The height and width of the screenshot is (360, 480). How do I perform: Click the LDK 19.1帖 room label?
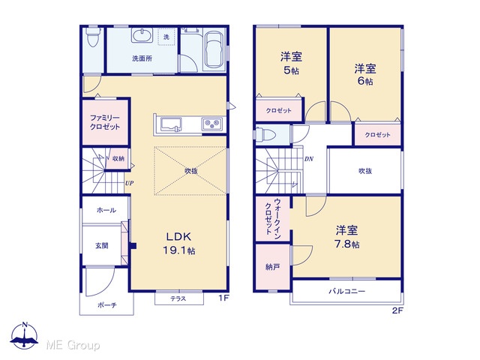pos(179,243)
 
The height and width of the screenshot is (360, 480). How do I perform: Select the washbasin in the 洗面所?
pos(142,35)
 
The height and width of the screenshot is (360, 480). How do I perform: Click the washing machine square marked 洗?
pos(166,37)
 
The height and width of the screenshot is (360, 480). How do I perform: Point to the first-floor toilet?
pos(93,37)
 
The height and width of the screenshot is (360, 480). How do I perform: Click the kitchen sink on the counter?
pos(171,124)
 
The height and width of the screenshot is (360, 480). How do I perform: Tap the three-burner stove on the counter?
pos(211,124)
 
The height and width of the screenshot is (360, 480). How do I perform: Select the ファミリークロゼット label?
pos(105,122)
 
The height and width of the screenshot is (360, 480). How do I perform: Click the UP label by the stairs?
pos(129,183)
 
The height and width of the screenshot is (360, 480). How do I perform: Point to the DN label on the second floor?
pos(308,159)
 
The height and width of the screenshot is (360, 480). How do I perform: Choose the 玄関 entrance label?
pos(102,245)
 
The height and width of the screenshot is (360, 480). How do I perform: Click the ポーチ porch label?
pos(106,305)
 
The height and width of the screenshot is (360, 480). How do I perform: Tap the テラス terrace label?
pos(178,298)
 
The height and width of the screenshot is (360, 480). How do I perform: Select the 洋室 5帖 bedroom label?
pos(291,63)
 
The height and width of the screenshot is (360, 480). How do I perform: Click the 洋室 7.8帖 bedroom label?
pos(346,237)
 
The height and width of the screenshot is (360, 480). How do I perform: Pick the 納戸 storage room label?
pos(272,267)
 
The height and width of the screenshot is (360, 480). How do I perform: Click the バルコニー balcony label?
pos(346,291)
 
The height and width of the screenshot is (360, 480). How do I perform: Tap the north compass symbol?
pos(25,335)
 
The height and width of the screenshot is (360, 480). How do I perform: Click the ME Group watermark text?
pos(73,345)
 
